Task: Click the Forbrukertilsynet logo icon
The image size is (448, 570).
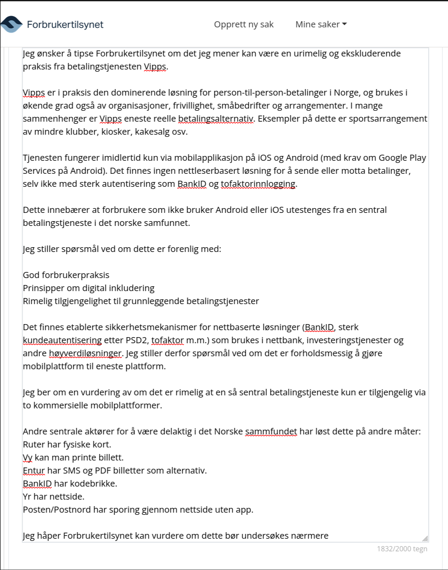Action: pyautogui.click(x=11, y=24)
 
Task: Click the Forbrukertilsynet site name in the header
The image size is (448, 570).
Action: pyautogui.click(x=65, y=24)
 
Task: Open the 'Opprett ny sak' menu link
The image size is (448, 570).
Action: pyautogui.click(x=244, y=24)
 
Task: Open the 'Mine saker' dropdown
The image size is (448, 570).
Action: pyautogui.click(x=321, y=24)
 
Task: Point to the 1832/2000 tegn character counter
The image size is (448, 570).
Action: pyautogui.click(x=402, y=549)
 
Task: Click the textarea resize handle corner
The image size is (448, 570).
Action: pyautogui.click(x=425, y=538)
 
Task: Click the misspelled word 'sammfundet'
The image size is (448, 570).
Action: pyautogui.click(x=271, y=431)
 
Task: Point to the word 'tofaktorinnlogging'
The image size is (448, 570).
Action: pyautogui.click(x=258, y=184)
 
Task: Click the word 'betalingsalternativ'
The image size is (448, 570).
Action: pyautogui.click(x=215, y=119)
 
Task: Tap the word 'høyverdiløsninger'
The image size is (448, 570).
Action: pyautogui.click(x=86, y=353)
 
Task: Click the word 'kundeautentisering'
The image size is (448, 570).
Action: pyautogui.click(x=62, y=340)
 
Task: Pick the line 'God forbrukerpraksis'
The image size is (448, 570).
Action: pyautogui.click(x=66, y=275)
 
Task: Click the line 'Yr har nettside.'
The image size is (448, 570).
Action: pyautogui.click(x=53, y=497)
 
